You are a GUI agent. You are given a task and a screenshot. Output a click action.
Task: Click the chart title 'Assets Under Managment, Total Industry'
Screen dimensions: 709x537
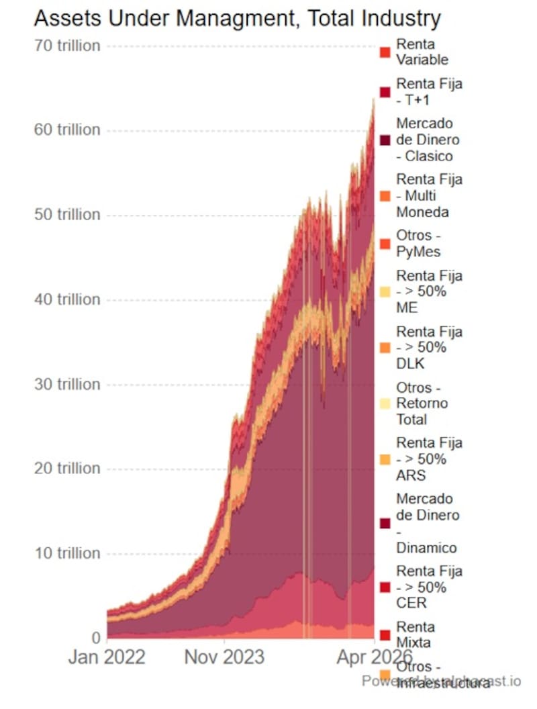coord(237,18)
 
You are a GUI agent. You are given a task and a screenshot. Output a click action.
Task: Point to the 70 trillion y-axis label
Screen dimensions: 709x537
coord(67,46)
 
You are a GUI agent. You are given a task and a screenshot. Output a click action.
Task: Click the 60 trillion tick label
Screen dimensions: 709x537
coord(67,130)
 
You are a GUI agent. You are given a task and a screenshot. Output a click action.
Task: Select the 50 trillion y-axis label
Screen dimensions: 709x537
coord(67,215)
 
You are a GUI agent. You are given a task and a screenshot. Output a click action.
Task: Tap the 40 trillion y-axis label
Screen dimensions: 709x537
coord(67,299)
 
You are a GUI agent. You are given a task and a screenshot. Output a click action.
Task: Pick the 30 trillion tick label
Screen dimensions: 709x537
coord(67,384)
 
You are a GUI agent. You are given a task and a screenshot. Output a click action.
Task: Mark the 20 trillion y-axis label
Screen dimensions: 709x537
coord(67,468)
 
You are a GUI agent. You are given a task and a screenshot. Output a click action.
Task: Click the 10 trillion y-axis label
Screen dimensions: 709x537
coord(67,553)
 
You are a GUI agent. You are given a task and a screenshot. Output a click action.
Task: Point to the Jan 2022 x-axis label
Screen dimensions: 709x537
coord(107,657)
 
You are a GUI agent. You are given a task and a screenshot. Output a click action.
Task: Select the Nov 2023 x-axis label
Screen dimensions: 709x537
coord(224,657)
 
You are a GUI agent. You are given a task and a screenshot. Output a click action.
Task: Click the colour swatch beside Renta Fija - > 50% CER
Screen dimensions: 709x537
coord(385,587)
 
